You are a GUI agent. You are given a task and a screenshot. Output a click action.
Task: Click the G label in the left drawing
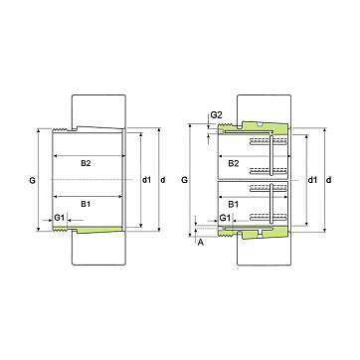point(32,181)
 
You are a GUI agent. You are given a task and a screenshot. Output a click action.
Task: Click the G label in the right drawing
point(184,180)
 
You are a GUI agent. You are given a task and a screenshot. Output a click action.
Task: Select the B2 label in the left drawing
point(86,163)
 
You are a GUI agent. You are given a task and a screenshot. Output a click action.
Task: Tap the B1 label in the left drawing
point(86,204)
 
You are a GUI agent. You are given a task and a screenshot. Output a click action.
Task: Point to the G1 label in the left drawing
point(59,218)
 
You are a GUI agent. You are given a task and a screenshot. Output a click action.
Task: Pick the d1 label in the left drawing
point(146,180)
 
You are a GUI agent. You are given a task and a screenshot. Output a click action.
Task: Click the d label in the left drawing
point(163,180)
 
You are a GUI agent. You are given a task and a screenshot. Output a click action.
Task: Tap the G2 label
point(217,115)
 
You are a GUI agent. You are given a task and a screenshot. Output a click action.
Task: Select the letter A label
point(200,243)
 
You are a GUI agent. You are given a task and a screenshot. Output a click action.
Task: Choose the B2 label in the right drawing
point(234,163)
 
